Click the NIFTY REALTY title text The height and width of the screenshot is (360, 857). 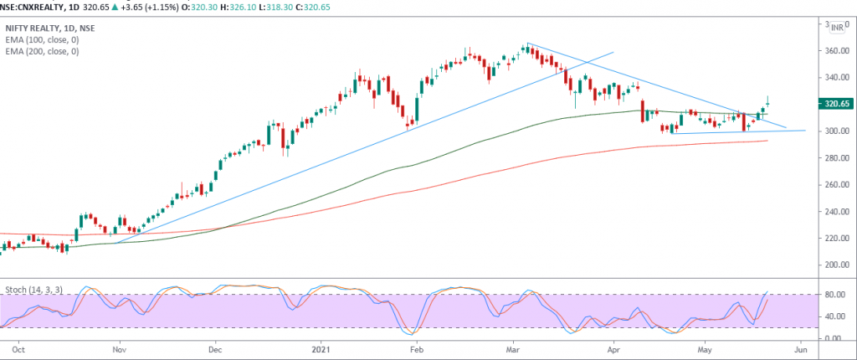pos(33,28)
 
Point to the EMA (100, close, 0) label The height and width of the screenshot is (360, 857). pos(42,39)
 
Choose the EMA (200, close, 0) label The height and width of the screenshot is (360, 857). pos(42,51)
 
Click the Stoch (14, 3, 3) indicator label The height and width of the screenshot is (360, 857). pos(33,289)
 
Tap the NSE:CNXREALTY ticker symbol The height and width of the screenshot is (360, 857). pos(28,6)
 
